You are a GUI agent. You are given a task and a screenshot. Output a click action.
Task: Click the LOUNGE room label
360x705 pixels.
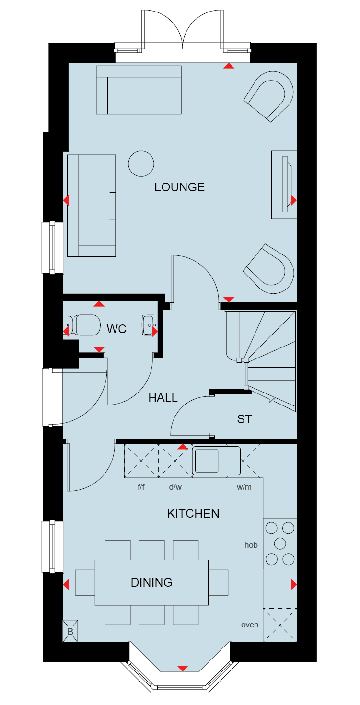pyautogui.click(x=179, y=187)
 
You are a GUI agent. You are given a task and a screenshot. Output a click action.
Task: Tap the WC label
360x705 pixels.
pyautogui.click(x=116, y=329)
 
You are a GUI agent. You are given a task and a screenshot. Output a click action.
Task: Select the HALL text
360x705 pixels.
pyautogui.click(x=163, y=397)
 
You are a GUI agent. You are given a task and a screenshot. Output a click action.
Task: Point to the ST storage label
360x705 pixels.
pyautogui.click(x=244, y=419)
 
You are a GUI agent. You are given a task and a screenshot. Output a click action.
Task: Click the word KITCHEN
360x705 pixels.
pyautogui.click(x=193, y=513)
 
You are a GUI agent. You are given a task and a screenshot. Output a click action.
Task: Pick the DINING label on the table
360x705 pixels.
pyautogui.click(x=151, y=582)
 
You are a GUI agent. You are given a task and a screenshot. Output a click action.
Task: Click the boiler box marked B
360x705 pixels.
pyautogui.click(x=70, y=631)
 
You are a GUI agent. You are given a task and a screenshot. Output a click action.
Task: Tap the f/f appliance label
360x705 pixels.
pyautogui.click(x=141, y=487)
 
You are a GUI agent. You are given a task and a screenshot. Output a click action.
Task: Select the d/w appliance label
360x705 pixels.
pyautogui.click(x=175, y=487)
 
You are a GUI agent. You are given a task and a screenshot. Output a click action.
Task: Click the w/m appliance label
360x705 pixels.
pyautogui.click(x=244, y=487)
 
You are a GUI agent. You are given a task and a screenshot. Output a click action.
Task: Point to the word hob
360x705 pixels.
pyautogui.click(x=251, y=545)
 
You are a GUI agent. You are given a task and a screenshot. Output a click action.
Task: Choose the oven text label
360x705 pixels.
pyautogui.click(x=250, y=625)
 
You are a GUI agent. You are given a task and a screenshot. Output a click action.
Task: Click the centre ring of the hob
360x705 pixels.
pyautogui.click(x=280, y=543)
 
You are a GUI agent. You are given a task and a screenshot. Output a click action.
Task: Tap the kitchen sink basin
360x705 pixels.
pyautogui.click(x=207, y=461)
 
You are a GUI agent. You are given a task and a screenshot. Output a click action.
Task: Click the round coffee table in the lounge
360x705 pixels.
pyautogui.click(x=141, y=163)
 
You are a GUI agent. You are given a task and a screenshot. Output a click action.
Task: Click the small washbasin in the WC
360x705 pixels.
pyautogui.click(x=150, y=325)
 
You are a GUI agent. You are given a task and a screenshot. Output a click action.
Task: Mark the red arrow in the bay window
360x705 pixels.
pyautogui.click(x=183, y=668)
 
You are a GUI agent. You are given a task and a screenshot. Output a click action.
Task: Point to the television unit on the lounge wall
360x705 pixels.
pyautogui.click(x=284, y=185)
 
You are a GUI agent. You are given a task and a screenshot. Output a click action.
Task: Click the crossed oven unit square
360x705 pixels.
pyautogui.click(x=280, y=625)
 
